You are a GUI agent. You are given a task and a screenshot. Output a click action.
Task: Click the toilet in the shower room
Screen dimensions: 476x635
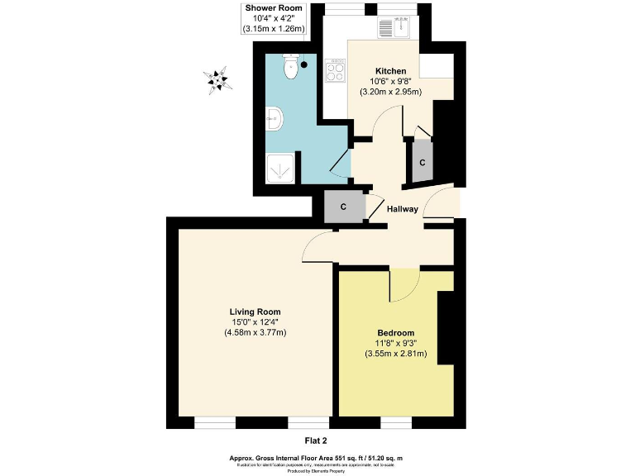pyautogui.click(x=291, y=68)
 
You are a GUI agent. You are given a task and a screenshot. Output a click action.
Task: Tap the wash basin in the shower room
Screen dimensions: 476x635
pyautogui.click(x=275, y=121)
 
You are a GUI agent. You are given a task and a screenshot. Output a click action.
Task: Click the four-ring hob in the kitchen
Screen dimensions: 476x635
pyautogui.click(x=336, y=70)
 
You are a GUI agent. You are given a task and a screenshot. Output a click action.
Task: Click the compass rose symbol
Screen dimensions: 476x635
pyautogui.click(x=218, y=80)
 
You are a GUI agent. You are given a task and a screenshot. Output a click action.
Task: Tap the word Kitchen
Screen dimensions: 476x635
pyautogui.click(x=391, y=69)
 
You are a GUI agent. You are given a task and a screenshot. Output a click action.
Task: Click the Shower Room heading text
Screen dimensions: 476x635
pyautogui.click(x=274, y=7)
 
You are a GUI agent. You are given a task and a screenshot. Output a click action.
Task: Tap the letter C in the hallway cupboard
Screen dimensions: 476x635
pyautogui.click(x=343, y=207)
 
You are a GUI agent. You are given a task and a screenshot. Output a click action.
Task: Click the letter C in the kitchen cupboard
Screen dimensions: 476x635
pyautogui.click(x=423, y=163)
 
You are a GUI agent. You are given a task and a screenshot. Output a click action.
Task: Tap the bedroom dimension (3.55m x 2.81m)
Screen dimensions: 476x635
pyautogui.click(x=395, y=354)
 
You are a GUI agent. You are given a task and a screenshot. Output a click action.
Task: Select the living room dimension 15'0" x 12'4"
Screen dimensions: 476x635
pyautogui.click(x=255, y=322)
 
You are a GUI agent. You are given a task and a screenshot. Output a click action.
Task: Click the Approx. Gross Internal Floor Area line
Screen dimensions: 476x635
pyautogui.click(x=317, y=457)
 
